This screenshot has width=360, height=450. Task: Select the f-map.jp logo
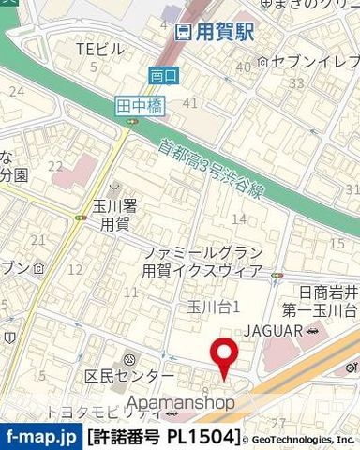(41, 437)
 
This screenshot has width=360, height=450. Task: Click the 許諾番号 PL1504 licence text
(164, 437)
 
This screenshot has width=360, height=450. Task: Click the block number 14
(239, 218)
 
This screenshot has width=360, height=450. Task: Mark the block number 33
(297, 84)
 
